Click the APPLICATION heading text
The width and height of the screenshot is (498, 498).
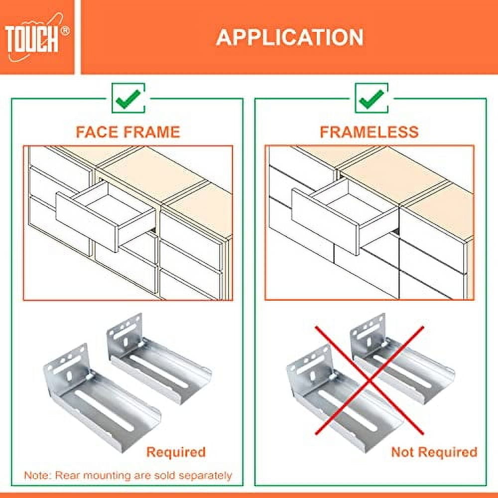coord(289,38)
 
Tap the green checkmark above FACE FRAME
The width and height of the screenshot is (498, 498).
coord(128,98)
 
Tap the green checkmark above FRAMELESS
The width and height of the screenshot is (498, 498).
coord(371,98)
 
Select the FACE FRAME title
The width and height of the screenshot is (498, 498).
coord(127,132)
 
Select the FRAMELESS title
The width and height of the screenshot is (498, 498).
coord(369,132)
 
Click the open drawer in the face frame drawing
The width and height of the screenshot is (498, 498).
coord(105,215)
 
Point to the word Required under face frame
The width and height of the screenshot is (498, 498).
coord(175,452)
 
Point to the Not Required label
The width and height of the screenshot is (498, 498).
coord(434,452)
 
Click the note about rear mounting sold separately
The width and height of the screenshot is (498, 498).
coord(128,475)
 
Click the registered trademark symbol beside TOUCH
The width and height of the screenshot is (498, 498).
coord(65,31)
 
